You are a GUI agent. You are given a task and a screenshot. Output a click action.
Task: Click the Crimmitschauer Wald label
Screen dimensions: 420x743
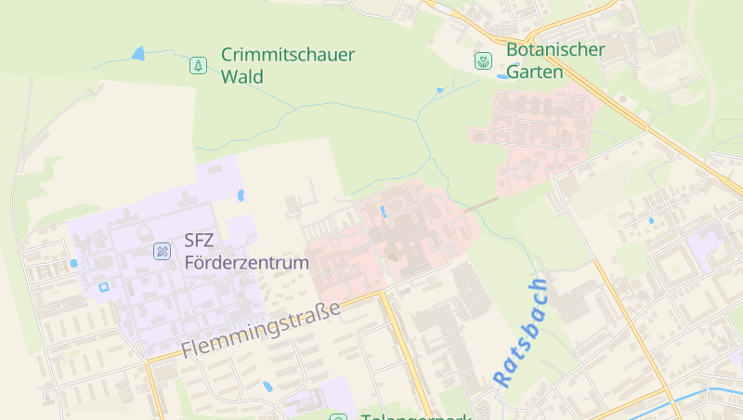tap(287, 65)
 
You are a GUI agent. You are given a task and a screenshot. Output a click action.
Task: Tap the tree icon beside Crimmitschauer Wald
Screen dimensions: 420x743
tap(197, 65)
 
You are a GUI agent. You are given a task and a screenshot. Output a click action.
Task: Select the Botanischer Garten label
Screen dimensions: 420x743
tap(555, 60)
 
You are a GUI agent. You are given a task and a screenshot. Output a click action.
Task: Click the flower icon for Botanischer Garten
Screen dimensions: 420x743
tap(483, 61)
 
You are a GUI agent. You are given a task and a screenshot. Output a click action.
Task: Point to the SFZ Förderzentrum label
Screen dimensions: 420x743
tap(246, 252)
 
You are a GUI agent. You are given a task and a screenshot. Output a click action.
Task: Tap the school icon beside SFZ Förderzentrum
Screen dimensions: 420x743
tap(162, 251)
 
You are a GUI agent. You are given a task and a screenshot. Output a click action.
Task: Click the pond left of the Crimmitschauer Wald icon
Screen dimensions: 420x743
tap(139, 54)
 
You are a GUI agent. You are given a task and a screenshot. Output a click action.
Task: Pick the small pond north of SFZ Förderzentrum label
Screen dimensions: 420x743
tap(241, 196)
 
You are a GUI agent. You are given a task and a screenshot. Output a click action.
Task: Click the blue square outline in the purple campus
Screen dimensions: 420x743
tap(103, 287)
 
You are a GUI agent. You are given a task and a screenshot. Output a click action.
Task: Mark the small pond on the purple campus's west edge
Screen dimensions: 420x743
tap(73, 263)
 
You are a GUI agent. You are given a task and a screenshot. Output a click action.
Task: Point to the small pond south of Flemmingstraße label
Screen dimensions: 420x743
tap(267, 386)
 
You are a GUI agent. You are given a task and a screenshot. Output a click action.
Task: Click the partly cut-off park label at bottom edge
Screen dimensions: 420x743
tap(415, 415)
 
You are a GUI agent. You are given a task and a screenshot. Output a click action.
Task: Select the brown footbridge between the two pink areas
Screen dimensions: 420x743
tap(480, 202)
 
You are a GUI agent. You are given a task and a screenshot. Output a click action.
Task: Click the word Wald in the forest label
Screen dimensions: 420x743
tap(242, 76)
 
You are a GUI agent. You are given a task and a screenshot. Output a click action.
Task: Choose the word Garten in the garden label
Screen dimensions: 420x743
tap(535, 72)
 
